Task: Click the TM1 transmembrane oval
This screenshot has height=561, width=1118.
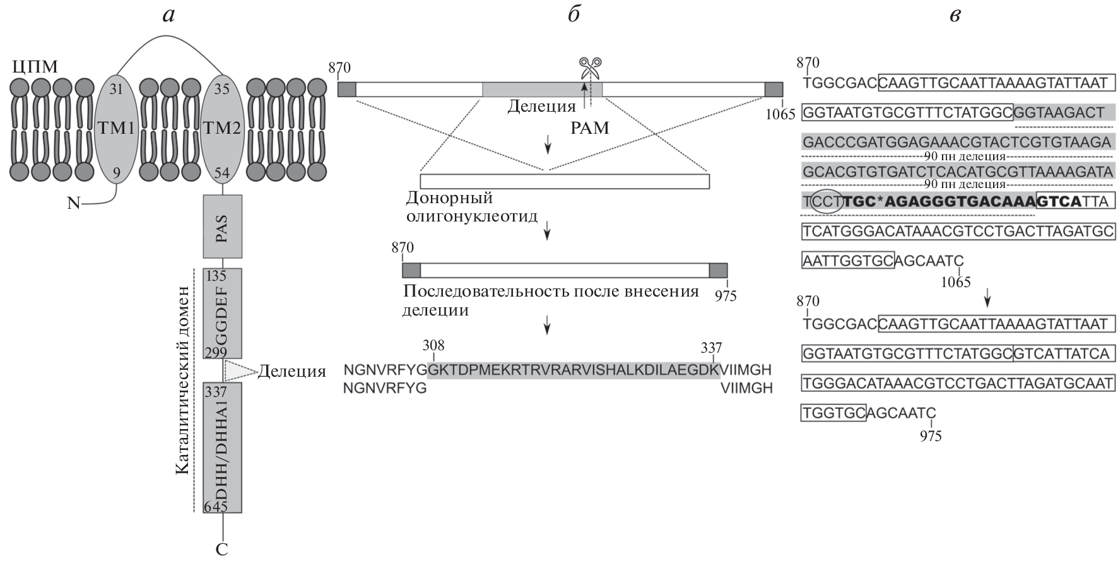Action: click(116, 129)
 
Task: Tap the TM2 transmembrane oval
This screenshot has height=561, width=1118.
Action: click(222, 129)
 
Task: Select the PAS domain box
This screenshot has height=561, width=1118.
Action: click(222, 226)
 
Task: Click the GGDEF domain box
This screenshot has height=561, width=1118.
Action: click(222, 314)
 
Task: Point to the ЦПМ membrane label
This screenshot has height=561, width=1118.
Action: click(35, 66)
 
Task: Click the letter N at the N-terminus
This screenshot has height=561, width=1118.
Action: click(74, 204)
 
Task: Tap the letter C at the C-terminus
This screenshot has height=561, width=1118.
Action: click(222, 550)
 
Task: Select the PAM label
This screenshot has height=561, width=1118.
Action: click(590, 128)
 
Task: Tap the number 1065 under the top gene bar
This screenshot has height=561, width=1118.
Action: click(783, 114)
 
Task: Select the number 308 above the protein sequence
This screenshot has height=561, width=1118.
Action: click(433, 345)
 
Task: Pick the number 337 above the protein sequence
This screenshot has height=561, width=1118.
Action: click(711, 348)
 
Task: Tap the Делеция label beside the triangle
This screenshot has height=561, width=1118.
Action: click(291, 371)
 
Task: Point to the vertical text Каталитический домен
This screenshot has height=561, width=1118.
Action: click(182, 379)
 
